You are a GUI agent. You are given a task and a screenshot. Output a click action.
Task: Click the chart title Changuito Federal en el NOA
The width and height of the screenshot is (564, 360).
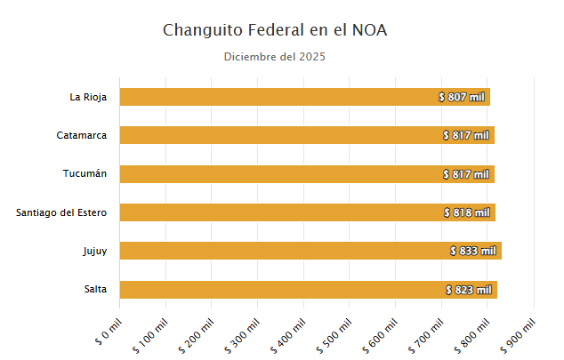(275, 30)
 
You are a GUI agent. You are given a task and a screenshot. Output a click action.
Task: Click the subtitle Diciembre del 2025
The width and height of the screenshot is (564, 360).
(275, 58)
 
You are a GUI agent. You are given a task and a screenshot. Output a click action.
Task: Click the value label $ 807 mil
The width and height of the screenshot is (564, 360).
(463, 97)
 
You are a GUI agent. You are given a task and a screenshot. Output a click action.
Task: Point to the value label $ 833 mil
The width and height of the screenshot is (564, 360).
(473, 251)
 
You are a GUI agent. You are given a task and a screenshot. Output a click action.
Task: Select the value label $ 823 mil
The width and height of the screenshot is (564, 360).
(469, 290)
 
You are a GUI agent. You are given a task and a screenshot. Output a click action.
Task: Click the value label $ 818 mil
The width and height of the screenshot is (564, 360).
(467, 212)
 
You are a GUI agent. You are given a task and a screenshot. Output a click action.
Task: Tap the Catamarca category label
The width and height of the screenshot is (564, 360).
(82, 135)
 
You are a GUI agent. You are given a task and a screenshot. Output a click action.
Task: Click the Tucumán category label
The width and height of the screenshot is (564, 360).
(85, 173)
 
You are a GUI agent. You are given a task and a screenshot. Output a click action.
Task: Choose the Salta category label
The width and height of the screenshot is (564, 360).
(95, 290)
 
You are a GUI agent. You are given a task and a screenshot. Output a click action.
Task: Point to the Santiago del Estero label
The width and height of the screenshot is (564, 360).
(61, 212)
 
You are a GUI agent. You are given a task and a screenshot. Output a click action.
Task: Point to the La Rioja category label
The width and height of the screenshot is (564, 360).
(88, 97)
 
